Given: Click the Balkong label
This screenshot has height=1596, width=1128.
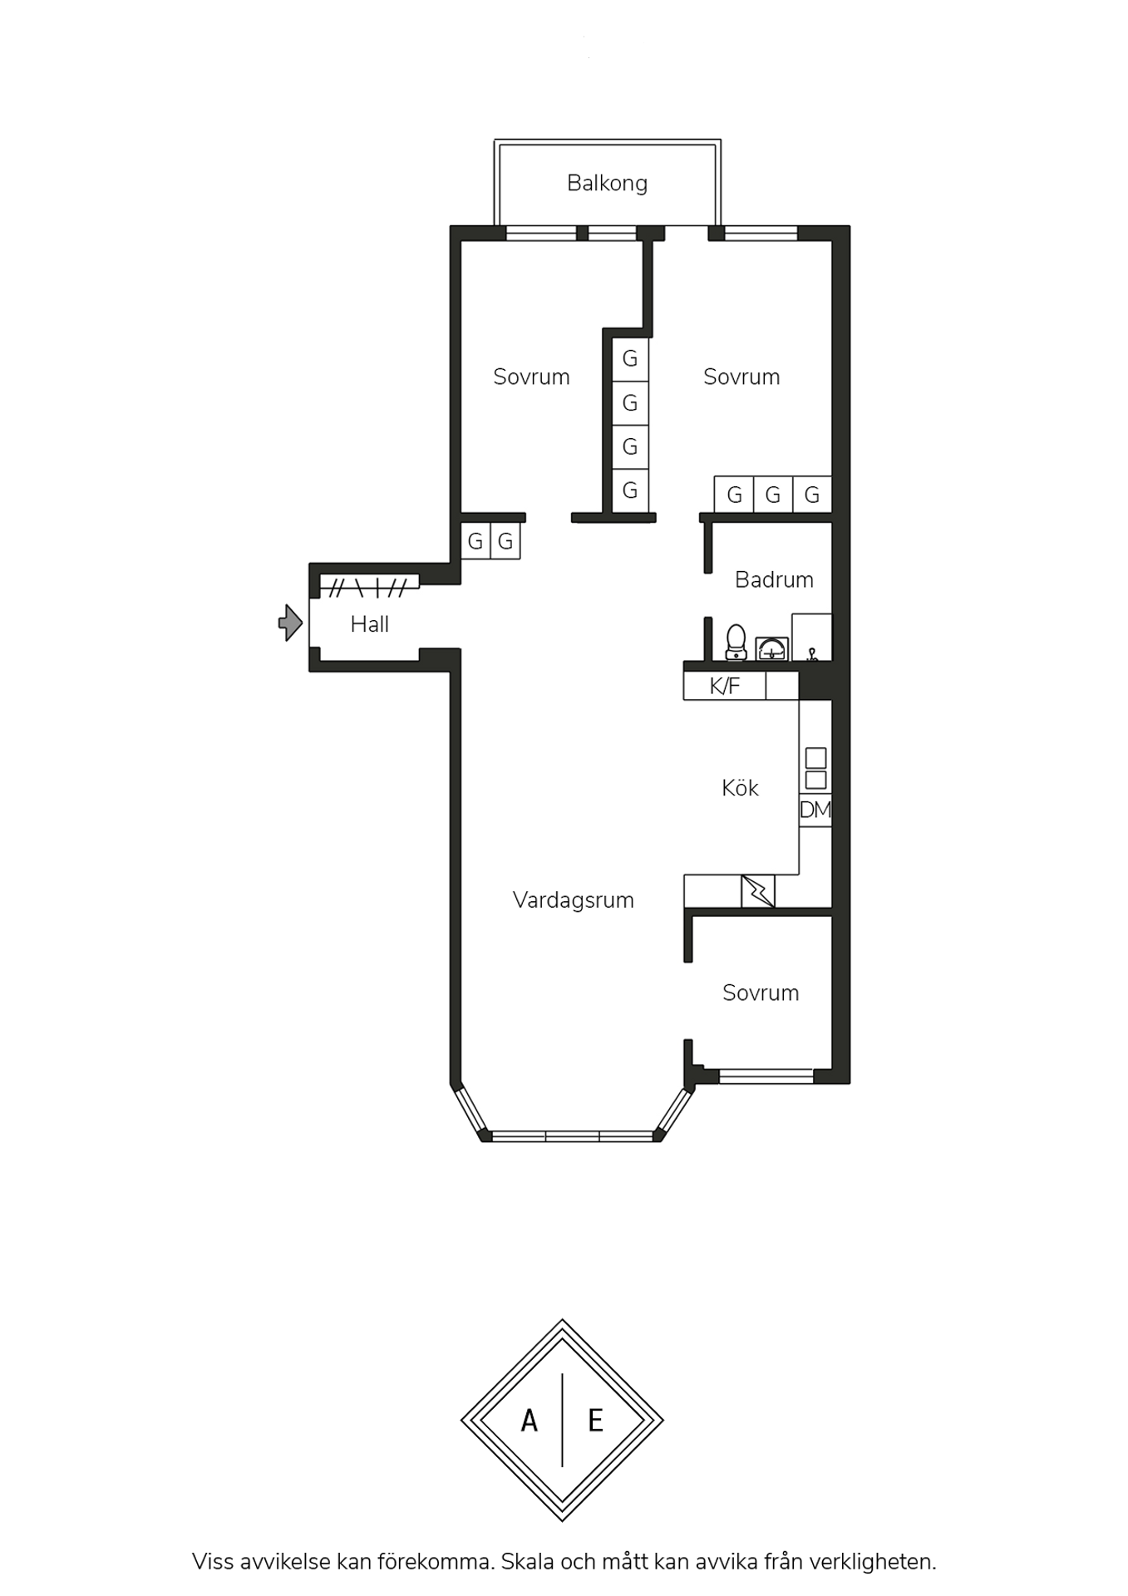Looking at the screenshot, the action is (x=607, y=184).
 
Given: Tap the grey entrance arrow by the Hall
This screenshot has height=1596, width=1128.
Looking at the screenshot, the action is (x=290, y=623).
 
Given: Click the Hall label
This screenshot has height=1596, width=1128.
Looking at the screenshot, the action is (x=369, y=624).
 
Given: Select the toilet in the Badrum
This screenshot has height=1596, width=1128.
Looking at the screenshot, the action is (x=736, y=643).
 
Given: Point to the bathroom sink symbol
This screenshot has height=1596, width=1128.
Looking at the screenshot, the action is (x=772, y=649).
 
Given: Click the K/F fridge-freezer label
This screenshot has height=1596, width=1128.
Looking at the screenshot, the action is (x=724, y=687).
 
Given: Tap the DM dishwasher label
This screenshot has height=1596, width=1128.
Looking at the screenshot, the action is (x=815, y=810).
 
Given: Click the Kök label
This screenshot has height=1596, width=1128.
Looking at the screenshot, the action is (x=740, y=788).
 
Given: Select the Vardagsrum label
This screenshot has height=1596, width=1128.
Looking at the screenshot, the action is (x=573, y=900).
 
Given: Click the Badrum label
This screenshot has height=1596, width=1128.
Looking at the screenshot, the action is (x=774, y=579).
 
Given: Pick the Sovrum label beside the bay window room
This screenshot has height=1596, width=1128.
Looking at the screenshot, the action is (x=760, y=993).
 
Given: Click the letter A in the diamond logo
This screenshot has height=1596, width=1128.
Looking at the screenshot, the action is (x=529, y=1421).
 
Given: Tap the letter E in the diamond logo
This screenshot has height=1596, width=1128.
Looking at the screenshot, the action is (x=595, y=1421).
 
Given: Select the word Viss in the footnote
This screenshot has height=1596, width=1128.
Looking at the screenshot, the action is (x=213, y=1562).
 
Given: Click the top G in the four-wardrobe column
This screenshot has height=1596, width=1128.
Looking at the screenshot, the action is (x=630, y=358).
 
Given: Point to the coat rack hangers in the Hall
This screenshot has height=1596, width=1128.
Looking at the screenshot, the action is (x=368, y=588).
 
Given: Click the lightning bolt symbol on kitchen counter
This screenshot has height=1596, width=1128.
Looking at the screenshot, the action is (x=757, y=891).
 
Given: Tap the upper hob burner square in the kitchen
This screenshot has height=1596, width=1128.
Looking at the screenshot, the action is (x=815, y=757).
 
